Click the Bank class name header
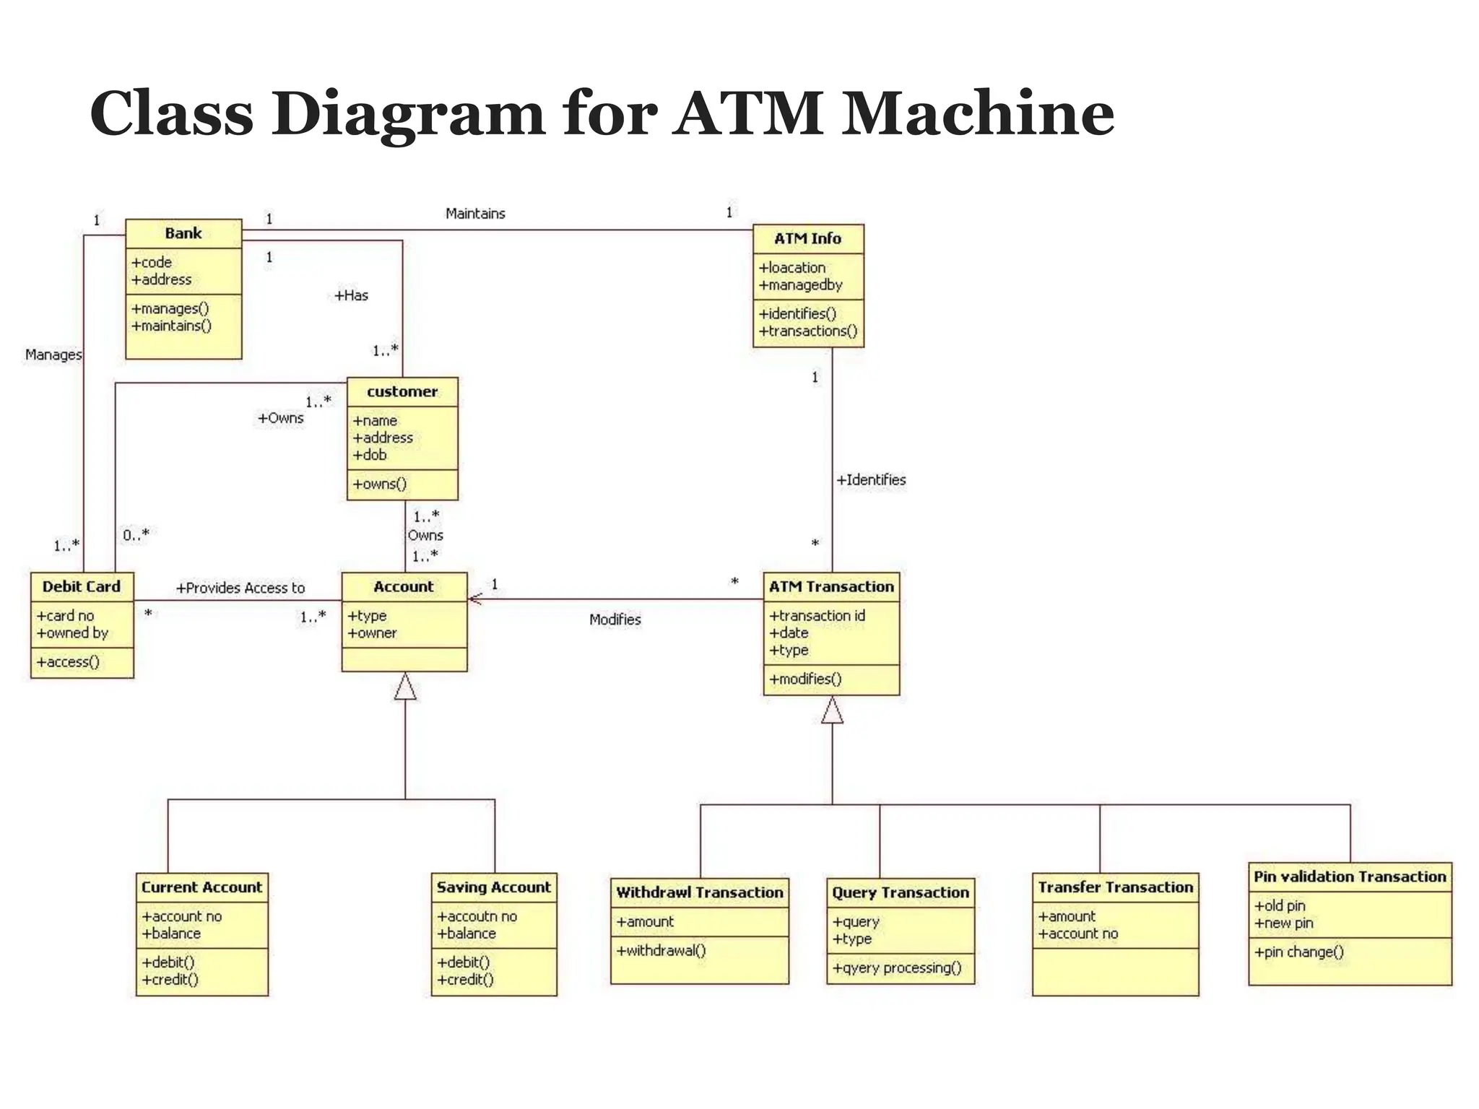[183, 233]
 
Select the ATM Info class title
[807, 238]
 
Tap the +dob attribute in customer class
[370, 455]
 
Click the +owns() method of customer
[380, 484]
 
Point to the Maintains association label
[475, 214]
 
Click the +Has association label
[352, 295]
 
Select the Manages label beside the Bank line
[53, 355]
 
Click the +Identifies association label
[871, 479]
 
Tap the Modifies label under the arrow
[615, 619]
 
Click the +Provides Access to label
[240, 588]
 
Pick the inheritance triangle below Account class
[405, 687]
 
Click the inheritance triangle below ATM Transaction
[832, 710]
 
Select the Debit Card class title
[82, 586]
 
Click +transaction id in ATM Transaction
[817, 615]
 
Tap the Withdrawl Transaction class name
[699, 892]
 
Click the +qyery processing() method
[897, 967]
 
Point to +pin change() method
[1298, 952]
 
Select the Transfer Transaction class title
[1115, 887]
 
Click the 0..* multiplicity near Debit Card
[136, 535]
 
